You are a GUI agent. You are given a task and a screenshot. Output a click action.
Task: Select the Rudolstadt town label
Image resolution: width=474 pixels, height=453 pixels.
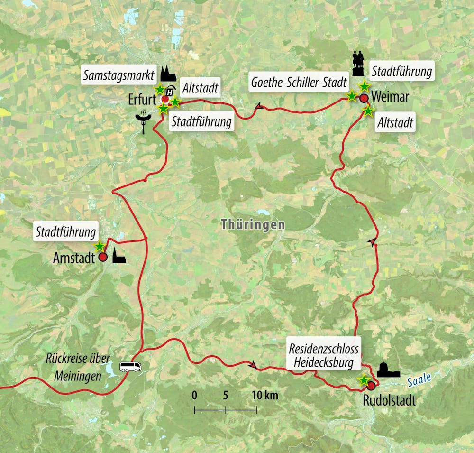pyautogui.click(x=389, y=400)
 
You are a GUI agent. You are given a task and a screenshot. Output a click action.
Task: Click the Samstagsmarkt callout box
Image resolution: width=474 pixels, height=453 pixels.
pyautogui.click(x=118, y=76)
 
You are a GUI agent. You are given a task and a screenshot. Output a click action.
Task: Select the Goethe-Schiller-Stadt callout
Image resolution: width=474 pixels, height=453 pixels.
pyautogui.click(x=298, y=83)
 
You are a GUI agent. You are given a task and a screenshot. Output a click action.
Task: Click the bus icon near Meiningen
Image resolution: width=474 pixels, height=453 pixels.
pyautogui.click(x=130, y=366)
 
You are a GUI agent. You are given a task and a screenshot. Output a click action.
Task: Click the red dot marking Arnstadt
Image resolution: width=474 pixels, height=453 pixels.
pyautogui.click(x=102, y=258)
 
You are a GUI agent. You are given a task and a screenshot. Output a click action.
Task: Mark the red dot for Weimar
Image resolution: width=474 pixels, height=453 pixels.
pyautogui.click(x=364, y=98)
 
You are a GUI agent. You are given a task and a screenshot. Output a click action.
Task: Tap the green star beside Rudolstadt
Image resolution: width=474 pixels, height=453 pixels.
pyautogui.click(x=364, y=379)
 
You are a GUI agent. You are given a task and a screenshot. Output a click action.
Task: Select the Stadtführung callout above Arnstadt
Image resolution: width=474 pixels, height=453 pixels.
pyautogui.click(x=66, y=232)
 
